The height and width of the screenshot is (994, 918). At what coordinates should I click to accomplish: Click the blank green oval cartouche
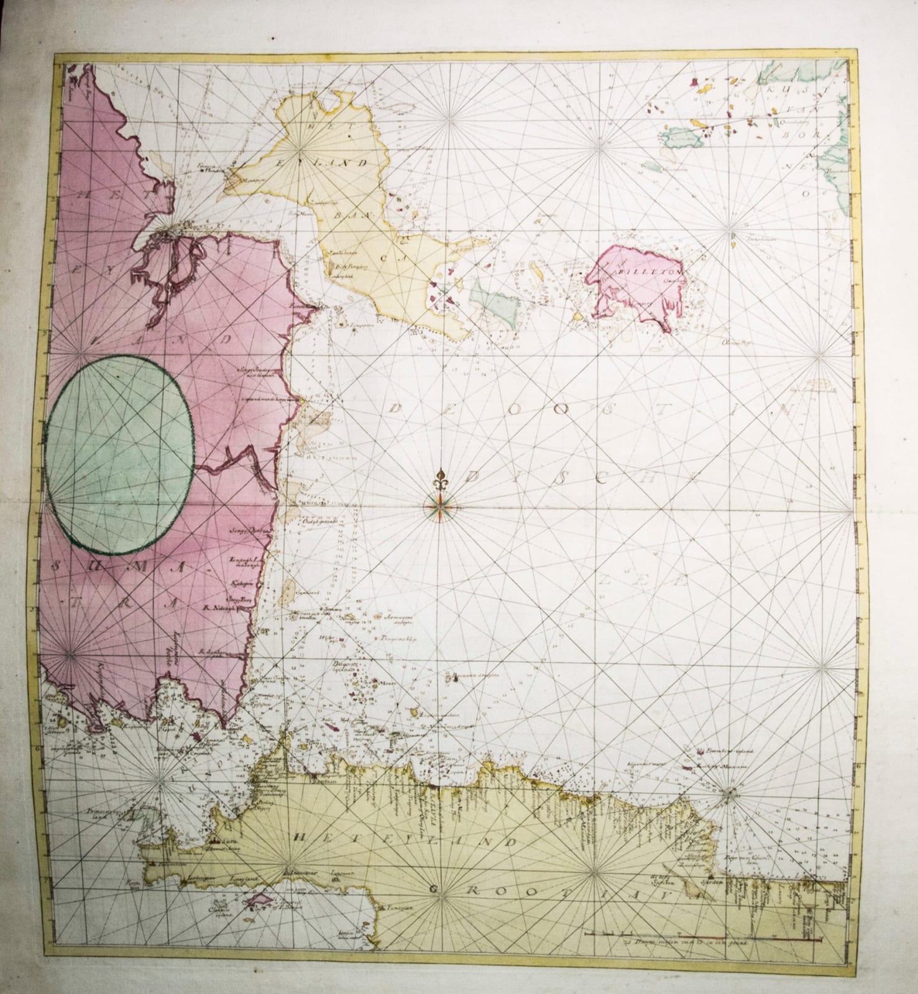119,455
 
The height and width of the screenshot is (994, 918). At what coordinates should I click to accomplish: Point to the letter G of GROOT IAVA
434,890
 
